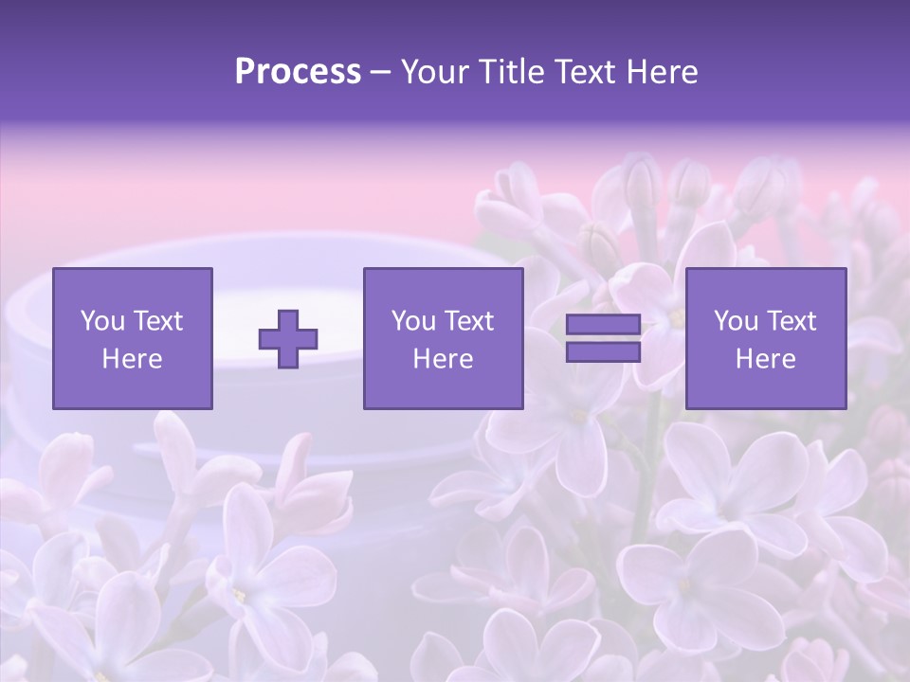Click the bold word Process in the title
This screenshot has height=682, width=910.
pos(298,72)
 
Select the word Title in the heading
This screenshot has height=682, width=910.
pos(509,72)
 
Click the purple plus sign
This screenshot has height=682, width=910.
pos(288,338)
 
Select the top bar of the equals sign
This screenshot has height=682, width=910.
pos(603,325)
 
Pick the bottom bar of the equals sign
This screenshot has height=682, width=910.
pos(603,351)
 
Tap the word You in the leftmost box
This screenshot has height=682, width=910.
pos(101,321)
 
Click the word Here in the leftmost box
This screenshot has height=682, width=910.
pos(133,359)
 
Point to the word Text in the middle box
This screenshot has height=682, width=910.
pos(468,321)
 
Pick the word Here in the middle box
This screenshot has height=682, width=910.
pos(443,359)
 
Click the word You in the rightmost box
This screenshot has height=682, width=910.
pos(736,321)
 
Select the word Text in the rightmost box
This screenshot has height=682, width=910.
pos(791,321)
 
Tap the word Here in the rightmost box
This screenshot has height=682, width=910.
pos(765,359)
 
